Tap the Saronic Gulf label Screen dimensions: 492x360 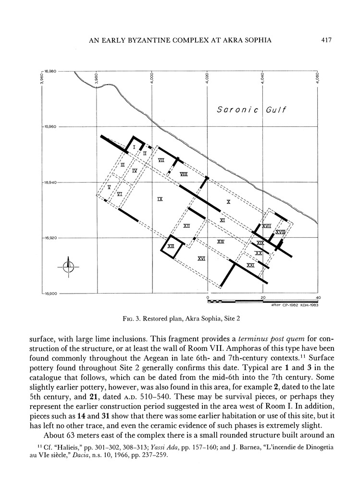(251, 110)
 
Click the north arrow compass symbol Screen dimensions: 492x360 (69, 266)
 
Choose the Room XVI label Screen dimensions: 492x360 (202, 258)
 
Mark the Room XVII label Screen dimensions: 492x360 (267, 225)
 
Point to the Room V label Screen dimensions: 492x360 (110, 186)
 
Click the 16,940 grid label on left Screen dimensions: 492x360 (50, 183)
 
